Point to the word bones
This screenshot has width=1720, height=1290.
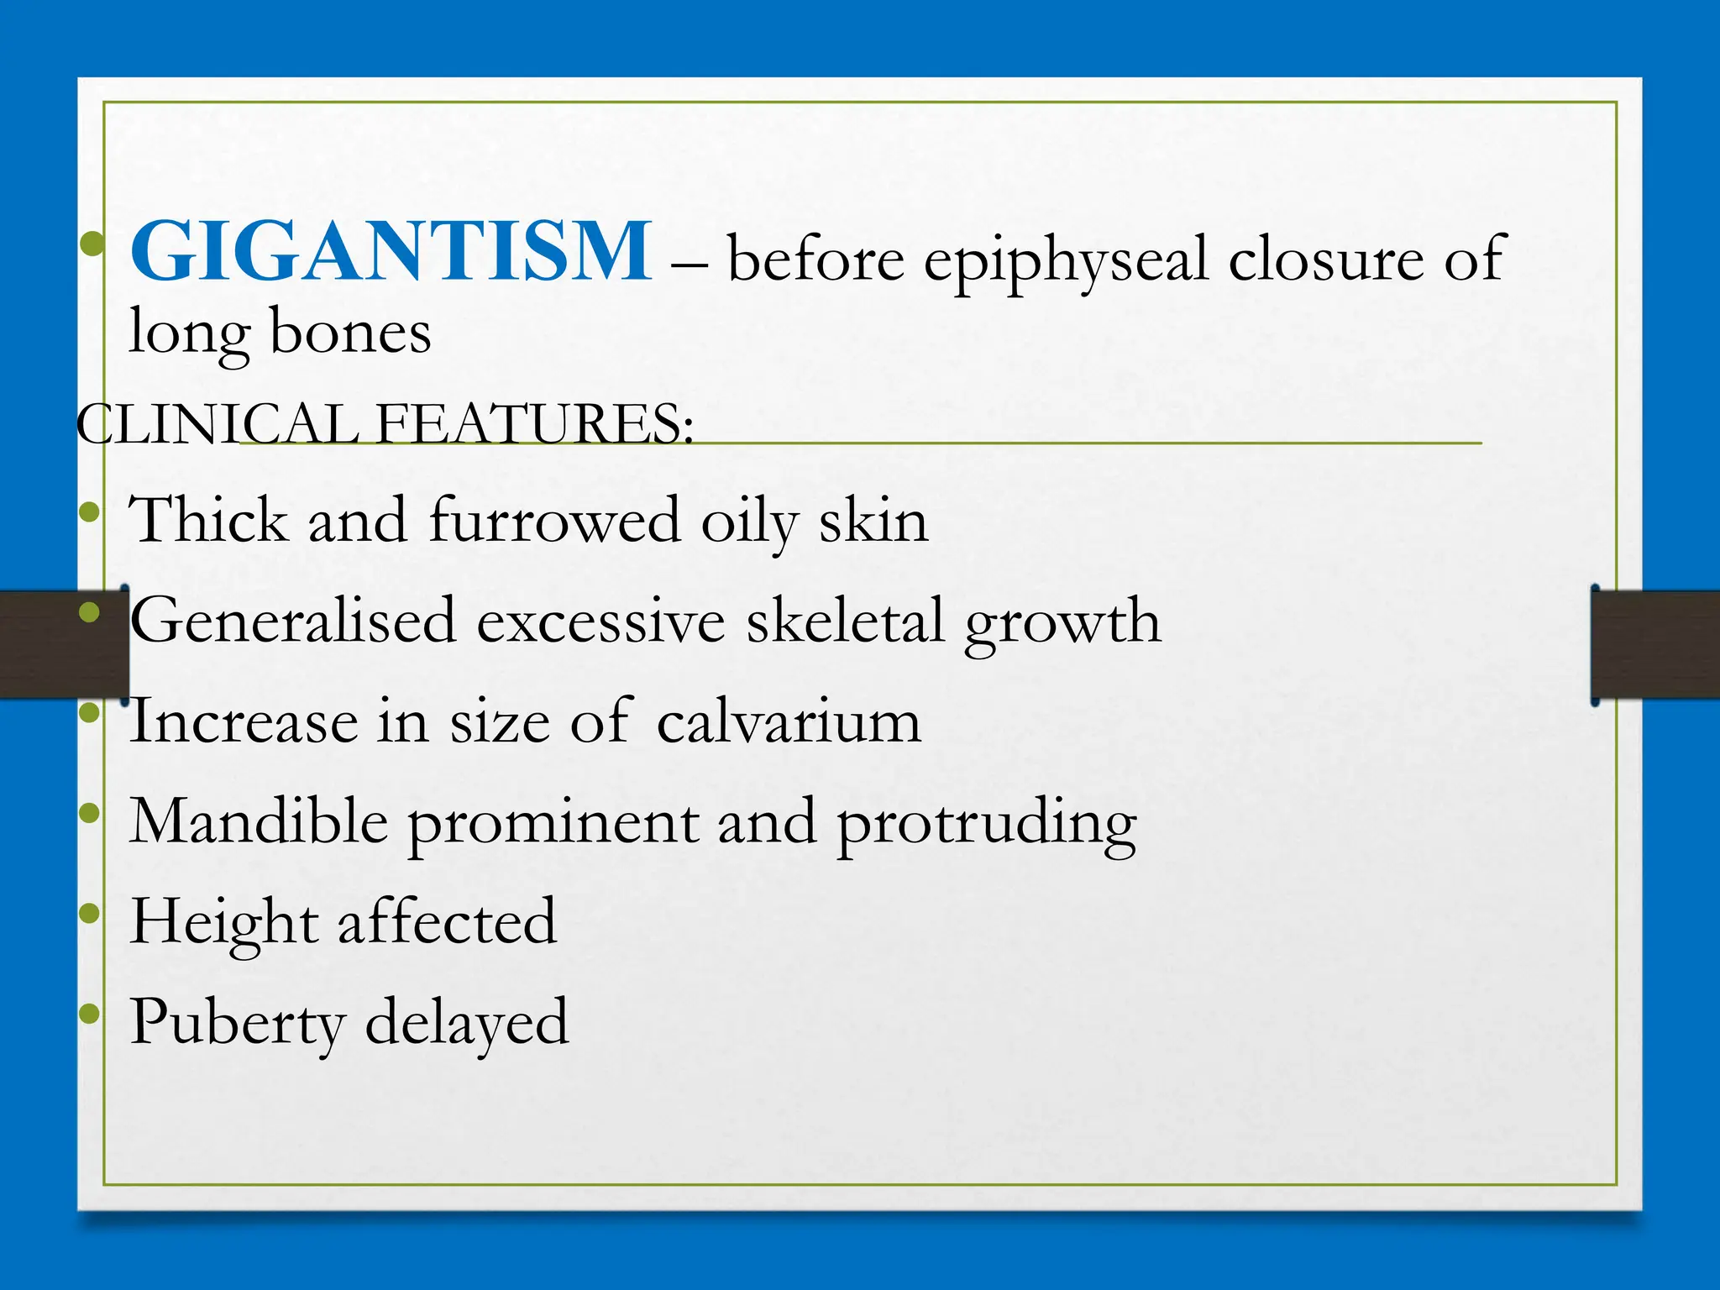[350, 333]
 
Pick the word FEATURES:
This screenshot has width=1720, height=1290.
[535, 423]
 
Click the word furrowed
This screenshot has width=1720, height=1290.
[554, 520]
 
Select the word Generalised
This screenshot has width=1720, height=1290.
[293, 621]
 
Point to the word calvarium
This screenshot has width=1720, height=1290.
[789, 721]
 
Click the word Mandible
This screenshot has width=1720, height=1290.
[259, 821]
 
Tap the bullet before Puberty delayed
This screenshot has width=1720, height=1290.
[89, 1015]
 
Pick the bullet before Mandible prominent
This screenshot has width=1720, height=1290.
[89, 812]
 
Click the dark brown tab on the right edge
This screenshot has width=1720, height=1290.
[1655, 645]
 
